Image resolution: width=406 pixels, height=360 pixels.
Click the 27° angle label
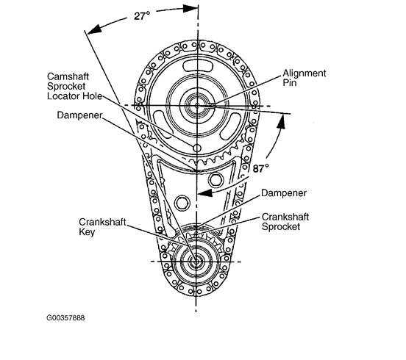click(142, 16)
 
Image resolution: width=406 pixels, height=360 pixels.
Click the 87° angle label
click(261, 168)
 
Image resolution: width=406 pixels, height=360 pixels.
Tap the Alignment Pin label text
click(304, 78)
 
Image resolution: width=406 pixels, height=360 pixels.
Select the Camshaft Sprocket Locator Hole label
click(74, 86)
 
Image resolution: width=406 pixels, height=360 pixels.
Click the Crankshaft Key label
click(102, 227)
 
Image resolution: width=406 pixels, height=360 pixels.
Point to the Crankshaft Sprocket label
click(285, 222)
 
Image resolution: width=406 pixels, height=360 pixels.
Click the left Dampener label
click(79, 115)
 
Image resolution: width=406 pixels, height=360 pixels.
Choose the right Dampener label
click(284, 193)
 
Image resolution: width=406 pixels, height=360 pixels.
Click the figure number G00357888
click(65, 317)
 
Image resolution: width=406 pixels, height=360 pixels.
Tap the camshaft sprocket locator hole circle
click(197, 148)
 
